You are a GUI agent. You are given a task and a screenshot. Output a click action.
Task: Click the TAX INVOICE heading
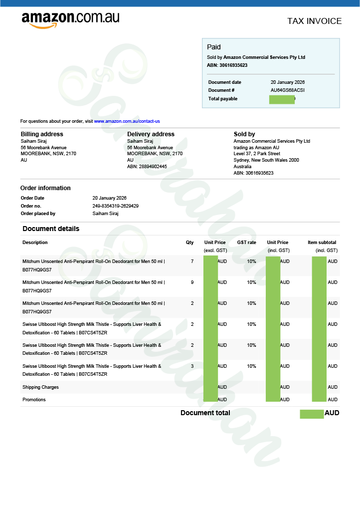click(x=314, y=21)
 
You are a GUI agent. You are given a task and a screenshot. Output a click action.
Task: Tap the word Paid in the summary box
click(x=214, y=47)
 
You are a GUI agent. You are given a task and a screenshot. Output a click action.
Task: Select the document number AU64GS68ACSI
click(x=287, y=90)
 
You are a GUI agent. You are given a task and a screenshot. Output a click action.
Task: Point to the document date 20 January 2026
click(x=287, y=82)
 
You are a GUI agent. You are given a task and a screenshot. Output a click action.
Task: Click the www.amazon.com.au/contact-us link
click(x=127, y=121)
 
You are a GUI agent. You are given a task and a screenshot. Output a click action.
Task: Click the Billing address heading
click(x=42, y=134)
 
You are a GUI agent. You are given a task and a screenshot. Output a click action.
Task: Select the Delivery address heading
click(x=151, y=134)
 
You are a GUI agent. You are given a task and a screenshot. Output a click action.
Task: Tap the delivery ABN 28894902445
click(x=147, y=167)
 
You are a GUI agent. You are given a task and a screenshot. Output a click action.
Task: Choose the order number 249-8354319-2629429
click(x=116, y=206)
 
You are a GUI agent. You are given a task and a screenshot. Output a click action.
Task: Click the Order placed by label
click(x=38, y=214)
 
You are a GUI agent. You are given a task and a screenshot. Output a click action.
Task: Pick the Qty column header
click(x=189, y=243)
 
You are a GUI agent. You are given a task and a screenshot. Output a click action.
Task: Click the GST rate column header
click(x=246, y=243)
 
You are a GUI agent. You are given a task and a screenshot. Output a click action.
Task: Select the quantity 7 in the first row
click(x=192, y=261)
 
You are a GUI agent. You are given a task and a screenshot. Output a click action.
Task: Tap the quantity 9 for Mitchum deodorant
click(x=192, y=282)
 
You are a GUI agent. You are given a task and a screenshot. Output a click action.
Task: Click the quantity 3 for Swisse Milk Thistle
click(x=192, y=366)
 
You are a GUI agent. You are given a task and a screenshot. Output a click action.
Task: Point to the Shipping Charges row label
click(x=40, y=387)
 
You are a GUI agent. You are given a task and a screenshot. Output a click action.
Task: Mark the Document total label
click(x=205, y=413)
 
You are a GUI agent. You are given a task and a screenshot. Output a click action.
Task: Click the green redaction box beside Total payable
click(x=282, y=99)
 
